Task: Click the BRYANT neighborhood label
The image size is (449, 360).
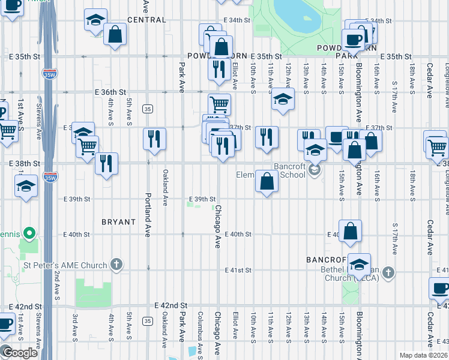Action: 118,221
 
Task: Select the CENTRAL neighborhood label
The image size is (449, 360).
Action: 146,20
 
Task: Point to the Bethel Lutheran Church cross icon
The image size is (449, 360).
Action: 388,273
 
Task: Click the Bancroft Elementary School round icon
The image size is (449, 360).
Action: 313,171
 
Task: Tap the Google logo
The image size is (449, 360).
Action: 19,352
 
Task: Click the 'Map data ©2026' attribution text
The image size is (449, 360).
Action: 423,355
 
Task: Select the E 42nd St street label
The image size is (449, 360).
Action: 171,305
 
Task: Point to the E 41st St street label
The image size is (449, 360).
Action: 238,270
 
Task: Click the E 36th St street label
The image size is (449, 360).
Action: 110,92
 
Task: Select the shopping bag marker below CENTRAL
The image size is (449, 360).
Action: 115,34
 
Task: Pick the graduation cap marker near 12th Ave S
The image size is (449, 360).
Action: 283,99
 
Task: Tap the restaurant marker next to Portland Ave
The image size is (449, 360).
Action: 154,139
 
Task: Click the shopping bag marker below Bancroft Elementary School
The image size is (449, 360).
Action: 267,181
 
